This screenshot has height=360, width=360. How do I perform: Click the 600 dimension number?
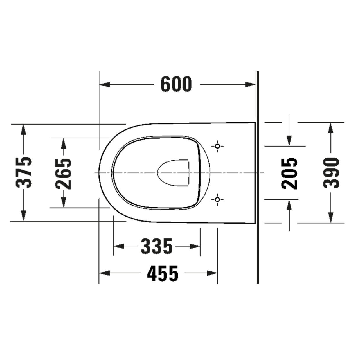176,84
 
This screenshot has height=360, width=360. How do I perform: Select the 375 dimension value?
24,173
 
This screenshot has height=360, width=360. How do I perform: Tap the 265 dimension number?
63,174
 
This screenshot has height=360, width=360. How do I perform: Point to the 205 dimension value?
289,174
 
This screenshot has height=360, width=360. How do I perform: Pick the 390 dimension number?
331,173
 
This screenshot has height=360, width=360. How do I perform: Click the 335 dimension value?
156,246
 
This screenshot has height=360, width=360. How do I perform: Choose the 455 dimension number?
163,273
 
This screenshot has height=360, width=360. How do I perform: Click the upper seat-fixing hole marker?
217,146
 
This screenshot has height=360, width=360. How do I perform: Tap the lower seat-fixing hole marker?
217,199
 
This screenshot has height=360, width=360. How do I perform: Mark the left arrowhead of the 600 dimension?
105,84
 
